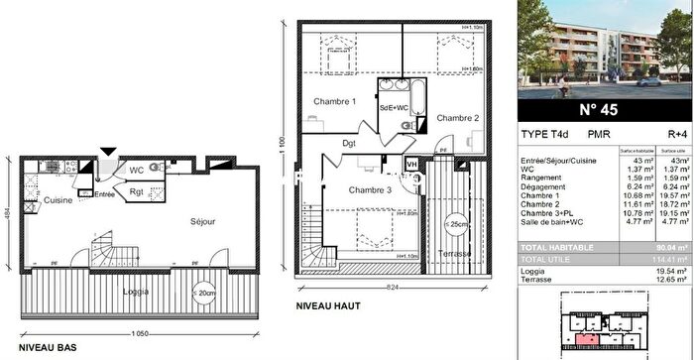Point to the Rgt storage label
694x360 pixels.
[x=137, y=191]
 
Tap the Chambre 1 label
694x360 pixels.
[x=334, y=101]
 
